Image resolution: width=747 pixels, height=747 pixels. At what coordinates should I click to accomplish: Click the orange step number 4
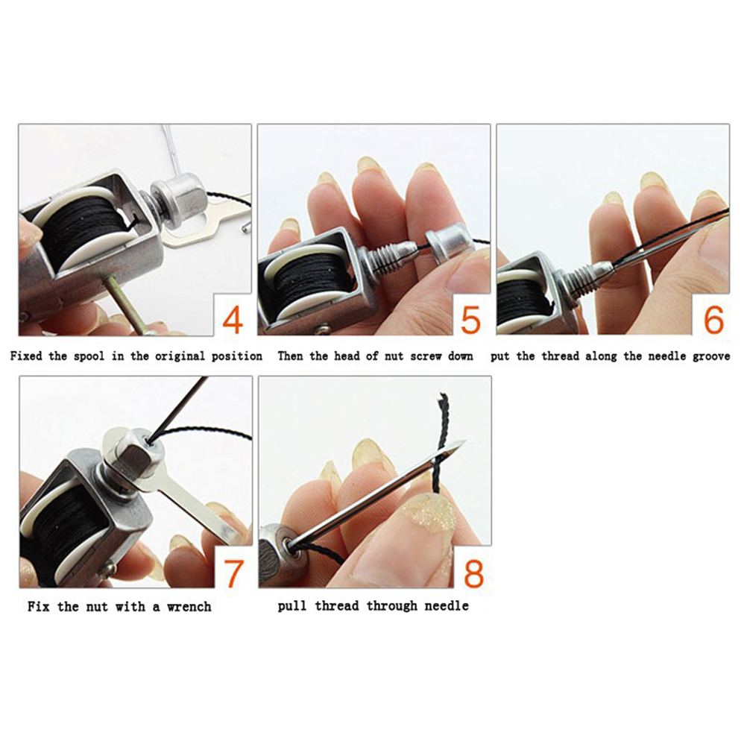coord(233,320)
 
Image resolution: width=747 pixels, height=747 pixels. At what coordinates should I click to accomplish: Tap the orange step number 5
coord(471,320)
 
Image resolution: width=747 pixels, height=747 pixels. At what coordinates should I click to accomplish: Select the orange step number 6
coord(713,320)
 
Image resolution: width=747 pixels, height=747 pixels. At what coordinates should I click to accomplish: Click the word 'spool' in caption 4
coord(89,356)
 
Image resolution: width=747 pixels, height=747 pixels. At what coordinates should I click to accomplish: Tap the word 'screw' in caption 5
coord(426,356)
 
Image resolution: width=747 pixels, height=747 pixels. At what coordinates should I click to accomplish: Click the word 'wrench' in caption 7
coord(189,607)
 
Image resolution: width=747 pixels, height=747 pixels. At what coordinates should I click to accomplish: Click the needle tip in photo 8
coord(464,441)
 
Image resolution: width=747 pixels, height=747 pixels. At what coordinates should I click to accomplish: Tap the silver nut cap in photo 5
coord(450,244)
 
